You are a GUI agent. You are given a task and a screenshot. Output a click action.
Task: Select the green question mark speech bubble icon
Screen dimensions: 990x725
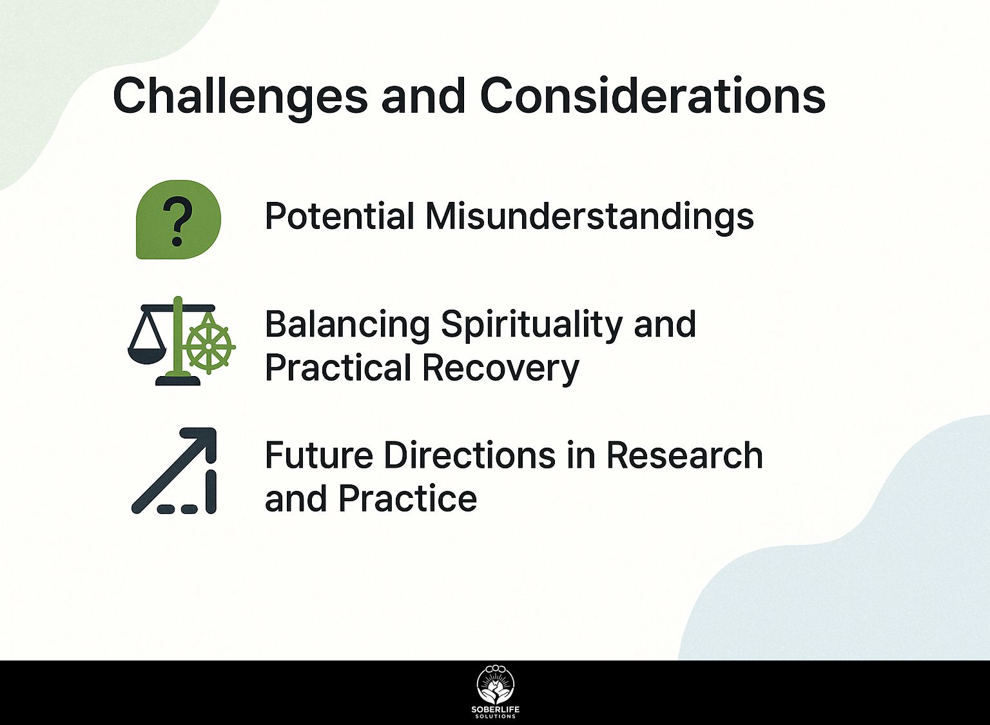pos(178,219)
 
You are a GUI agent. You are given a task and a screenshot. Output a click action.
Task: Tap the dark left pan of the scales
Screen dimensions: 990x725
pos(147,355)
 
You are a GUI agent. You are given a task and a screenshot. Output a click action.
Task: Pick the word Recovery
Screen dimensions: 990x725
pos(500,368)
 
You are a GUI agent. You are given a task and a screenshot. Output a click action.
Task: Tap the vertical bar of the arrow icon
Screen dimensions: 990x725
pos(211,492)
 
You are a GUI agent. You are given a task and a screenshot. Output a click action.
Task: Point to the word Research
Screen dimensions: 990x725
pos(684,455)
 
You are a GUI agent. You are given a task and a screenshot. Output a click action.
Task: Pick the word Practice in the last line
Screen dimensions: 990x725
pos(408,499)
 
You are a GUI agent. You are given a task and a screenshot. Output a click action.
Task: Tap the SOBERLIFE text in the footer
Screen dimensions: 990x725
pos(496,710)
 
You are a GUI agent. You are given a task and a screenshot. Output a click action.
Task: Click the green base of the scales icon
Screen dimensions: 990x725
pos(178,381)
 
